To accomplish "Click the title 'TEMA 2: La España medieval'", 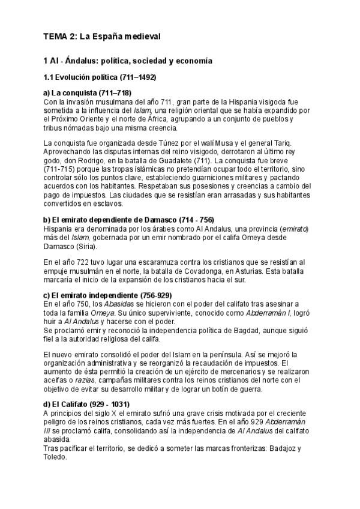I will tap(102, 37).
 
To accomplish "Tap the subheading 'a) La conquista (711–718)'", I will tap(88, 93).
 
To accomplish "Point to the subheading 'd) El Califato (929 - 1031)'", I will tap(91, 404).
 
